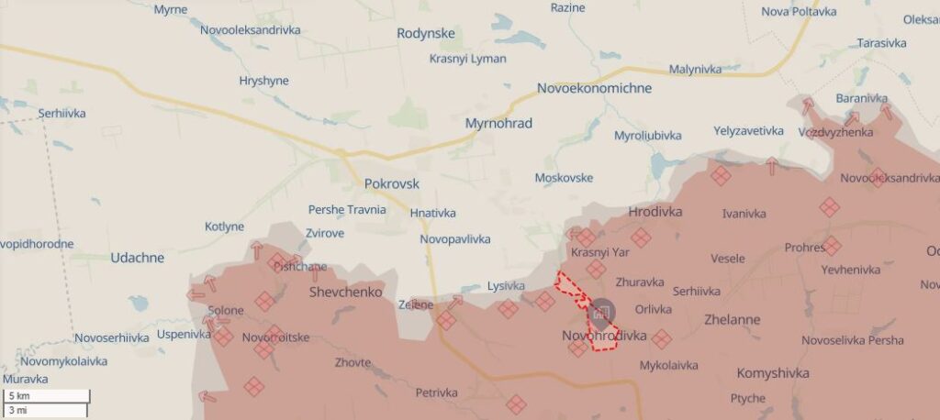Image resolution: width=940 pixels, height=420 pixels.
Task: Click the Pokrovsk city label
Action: (391, 183)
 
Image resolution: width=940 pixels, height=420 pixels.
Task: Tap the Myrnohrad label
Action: (498, 123)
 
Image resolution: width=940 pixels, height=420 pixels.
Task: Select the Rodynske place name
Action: (426, 34)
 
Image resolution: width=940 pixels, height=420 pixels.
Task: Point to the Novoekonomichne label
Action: (594, 88)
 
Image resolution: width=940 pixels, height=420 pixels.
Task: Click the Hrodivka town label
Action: (655, 212)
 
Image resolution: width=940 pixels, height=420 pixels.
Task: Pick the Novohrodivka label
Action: (604, 337)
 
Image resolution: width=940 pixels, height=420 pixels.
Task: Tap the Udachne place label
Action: (137, 258)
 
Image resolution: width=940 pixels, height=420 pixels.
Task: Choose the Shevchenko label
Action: (345, 292)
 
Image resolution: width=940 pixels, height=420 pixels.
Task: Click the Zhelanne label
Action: (732, 321)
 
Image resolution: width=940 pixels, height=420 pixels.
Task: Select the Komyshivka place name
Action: (773, 373)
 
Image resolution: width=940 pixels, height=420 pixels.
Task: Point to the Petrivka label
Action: (436, 392)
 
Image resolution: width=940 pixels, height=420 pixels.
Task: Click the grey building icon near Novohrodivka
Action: (602, 313)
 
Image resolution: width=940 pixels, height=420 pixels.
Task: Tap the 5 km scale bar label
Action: (19, 396)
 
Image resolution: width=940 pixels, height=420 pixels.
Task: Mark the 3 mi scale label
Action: (18, 410)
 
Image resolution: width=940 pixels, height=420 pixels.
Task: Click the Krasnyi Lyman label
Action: (467, 59)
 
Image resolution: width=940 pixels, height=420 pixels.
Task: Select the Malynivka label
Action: (695, 69)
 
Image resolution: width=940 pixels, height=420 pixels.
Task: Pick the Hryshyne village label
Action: (263, 81)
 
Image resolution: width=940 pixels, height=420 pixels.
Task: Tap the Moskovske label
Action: (563, 178)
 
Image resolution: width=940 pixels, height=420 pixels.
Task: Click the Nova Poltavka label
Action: (799, 11)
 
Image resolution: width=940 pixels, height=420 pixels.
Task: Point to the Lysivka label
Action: (506, 286)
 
